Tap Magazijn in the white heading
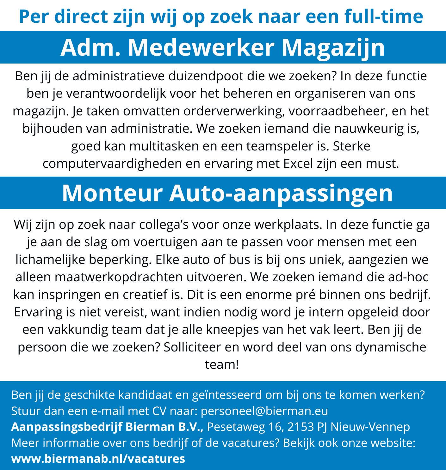coord(333,47)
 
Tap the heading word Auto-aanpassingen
coord(281,193)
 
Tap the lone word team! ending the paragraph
coord(222,364)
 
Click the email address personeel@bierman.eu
coord(264,411)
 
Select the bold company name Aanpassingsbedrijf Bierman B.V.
coord(107,427)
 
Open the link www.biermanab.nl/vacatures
coord(98,458)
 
